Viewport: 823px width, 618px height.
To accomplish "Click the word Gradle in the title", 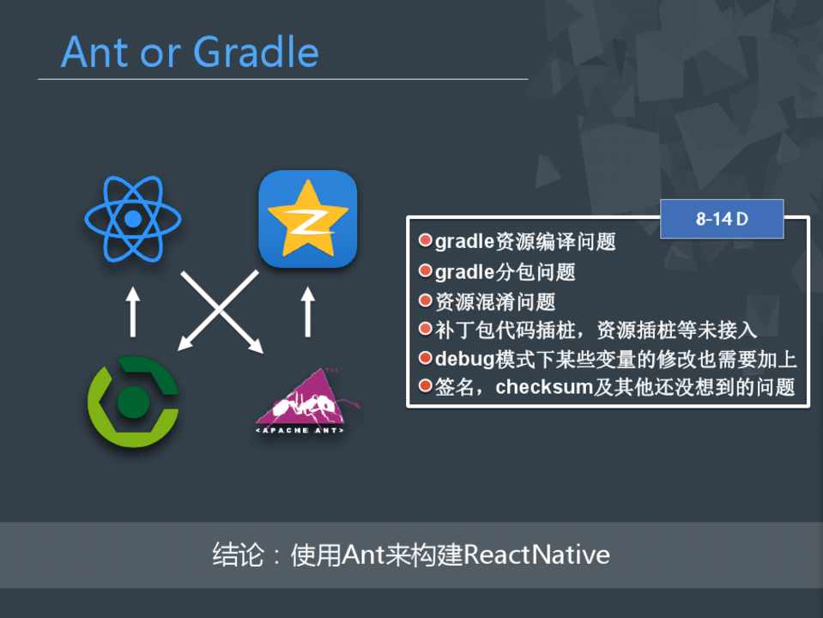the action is [256, 52].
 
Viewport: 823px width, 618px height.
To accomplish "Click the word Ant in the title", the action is [95, 52].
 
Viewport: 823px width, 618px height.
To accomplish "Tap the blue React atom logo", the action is [133, 218].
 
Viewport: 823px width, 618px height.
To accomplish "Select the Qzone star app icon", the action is [307, 218].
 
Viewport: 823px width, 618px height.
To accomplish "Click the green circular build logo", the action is [133, 402].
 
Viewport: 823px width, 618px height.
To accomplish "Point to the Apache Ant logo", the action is [307, 401].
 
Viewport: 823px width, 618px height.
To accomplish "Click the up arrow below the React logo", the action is [133, 312].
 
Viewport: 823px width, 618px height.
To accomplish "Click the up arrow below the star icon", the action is [308, 312].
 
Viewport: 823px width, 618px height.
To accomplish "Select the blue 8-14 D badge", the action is [722, 219].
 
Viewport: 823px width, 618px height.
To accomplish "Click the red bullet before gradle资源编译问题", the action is [425, 240].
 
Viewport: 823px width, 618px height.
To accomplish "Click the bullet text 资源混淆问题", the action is [495, 301].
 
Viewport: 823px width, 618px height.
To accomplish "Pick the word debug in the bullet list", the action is [464, 359].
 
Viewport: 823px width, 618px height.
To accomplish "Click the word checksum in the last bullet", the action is [544, 387].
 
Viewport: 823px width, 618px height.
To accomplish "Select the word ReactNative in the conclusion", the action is [537, 554].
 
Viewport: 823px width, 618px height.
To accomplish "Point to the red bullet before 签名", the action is [425, 386].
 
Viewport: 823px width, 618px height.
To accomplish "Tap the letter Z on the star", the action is [307, 221].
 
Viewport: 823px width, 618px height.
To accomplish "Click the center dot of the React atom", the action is [133, 219].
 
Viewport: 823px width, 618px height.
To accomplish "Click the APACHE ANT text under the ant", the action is [300, 431].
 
